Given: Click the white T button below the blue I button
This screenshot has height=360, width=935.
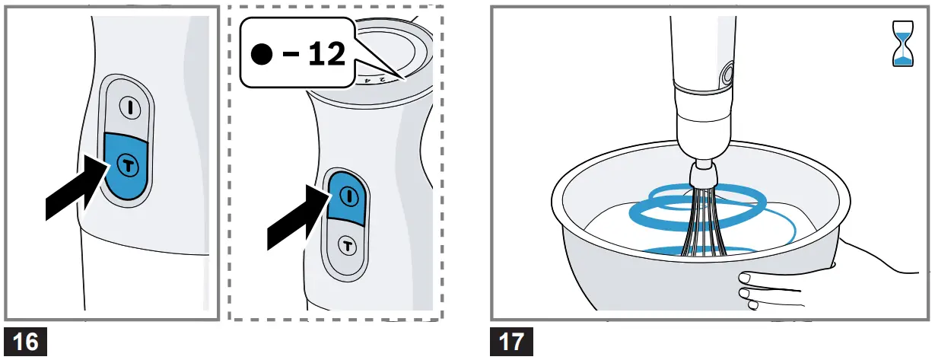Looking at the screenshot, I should [348, 246].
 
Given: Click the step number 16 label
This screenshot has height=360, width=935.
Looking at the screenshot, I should [26, 341].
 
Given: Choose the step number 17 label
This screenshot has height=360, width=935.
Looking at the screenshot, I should [511, 341].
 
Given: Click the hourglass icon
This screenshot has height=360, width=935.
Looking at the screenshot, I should [903, 43].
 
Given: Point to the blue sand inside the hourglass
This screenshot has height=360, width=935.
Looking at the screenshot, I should [903, 58].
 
